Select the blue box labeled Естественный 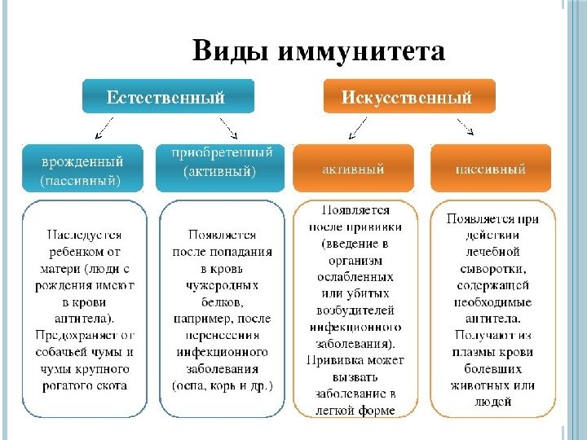166,97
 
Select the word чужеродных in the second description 223,285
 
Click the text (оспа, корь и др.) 223,385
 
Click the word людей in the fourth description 492,402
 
